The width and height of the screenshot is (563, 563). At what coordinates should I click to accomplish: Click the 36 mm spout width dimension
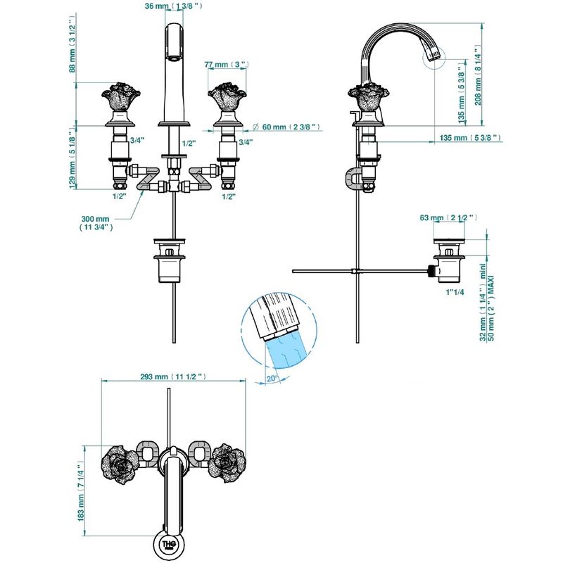[x=173, y=6]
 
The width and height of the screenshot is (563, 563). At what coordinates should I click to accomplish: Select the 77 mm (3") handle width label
[x=227, y=65]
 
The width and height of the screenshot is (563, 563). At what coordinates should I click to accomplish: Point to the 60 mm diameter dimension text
[x=286, y=127]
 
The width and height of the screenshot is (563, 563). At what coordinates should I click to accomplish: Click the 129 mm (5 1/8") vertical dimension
[x=72, y=158]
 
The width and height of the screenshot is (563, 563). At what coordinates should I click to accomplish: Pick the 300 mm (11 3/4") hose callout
[x=96, y=222]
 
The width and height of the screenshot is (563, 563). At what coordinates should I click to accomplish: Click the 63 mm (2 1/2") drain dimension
[x=448, y=217]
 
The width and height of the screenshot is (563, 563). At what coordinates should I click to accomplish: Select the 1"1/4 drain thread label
[x=455, y=292]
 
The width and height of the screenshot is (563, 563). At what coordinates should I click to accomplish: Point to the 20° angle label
[x=272, y=379]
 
